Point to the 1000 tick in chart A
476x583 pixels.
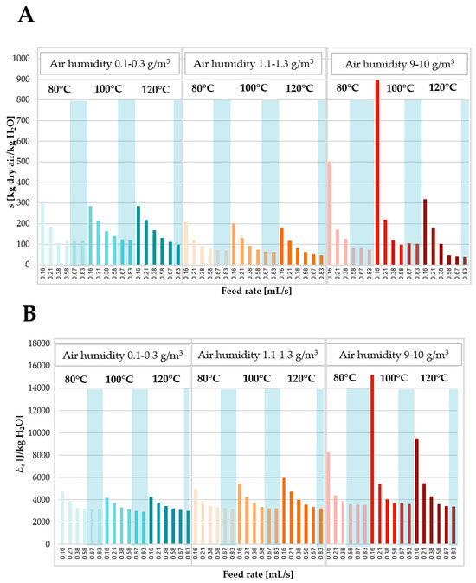point(23,59)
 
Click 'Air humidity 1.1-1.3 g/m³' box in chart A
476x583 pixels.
point(253,64)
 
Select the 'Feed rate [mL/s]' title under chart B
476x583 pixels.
point(252,573)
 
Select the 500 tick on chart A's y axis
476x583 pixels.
point(25,162)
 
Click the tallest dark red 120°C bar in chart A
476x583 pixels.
point(425,231)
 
